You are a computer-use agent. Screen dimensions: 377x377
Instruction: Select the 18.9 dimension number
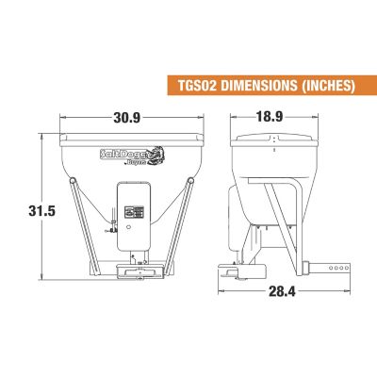tap(270, 117)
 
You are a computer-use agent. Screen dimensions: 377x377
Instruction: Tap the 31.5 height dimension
tap(41, 211)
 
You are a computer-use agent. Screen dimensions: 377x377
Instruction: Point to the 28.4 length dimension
tap(282, 292)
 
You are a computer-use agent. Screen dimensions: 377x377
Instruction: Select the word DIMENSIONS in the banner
tap(258, 85)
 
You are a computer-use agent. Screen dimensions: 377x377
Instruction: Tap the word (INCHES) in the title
tap(328, 85)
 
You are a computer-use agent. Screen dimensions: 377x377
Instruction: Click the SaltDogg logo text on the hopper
tap(125, 155)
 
